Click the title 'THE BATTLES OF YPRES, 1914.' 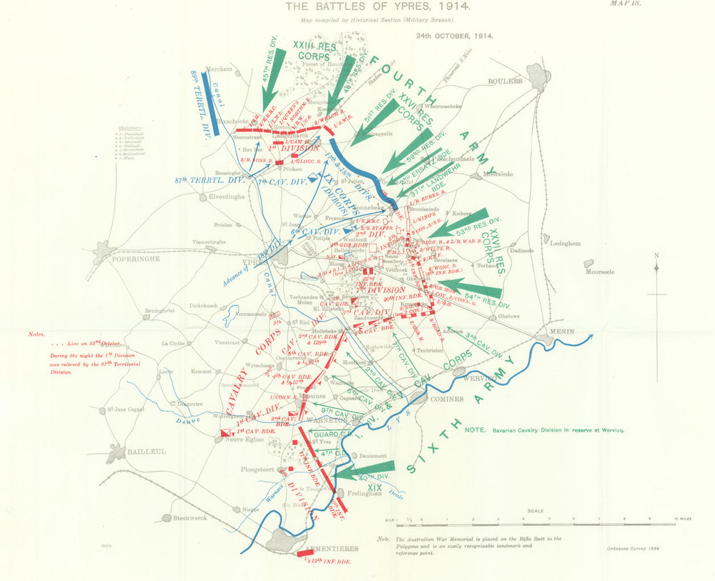(357, 7)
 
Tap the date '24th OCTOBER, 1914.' (455, 35)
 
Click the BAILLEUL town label (147, 452)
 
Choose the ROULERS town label (506, 81)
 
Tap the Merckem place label (219, 69)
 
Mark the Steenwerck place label (195, 517)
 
